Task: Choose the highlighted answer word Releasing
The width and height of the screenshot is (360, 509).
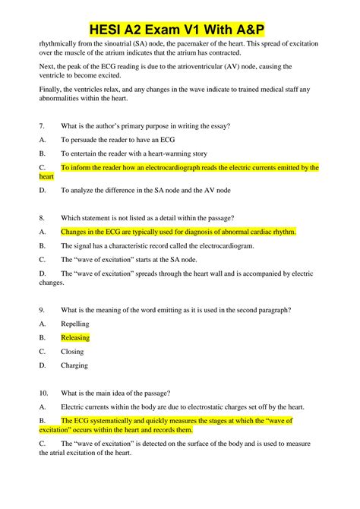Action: [75, 337]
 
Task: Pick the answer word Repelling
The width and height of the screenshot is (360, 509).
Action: [75, 323]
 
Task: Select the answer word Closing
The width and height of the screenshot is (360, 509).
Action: [73, 352]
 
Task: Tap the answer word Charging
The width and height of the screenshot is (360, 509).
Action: [75, 365]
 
